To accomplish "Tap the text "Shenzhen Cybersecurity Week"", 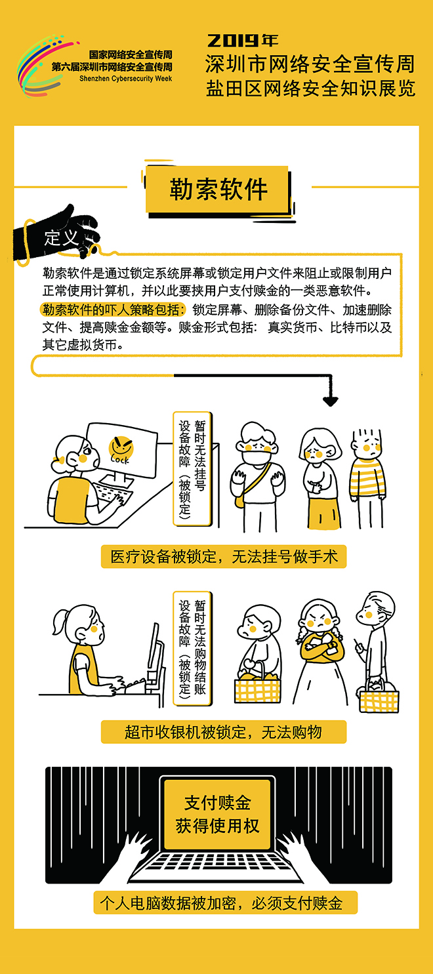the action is [x=126, y=79].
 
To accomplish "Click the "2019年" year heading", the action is [x=243, y=41].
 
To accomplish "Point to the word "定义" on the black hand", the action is [x=61, y=238].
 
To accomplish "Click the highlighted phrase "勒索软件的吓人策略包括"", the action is [x=113, y=310].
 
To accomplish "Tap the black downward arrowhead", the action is [x=331, y=401].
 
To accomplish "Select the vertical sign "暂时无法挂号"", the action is [x=200, y=455].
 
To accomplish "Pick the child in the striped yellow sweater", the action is [x=368, y=479].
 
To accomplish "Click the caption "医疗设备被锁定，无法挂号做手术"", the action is [x=224, y=557].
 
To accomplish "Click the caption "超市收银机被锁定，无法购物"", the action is [x=224, y=732].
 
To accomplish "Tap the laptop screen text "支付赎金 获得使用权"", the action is [x=217, y=815].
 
